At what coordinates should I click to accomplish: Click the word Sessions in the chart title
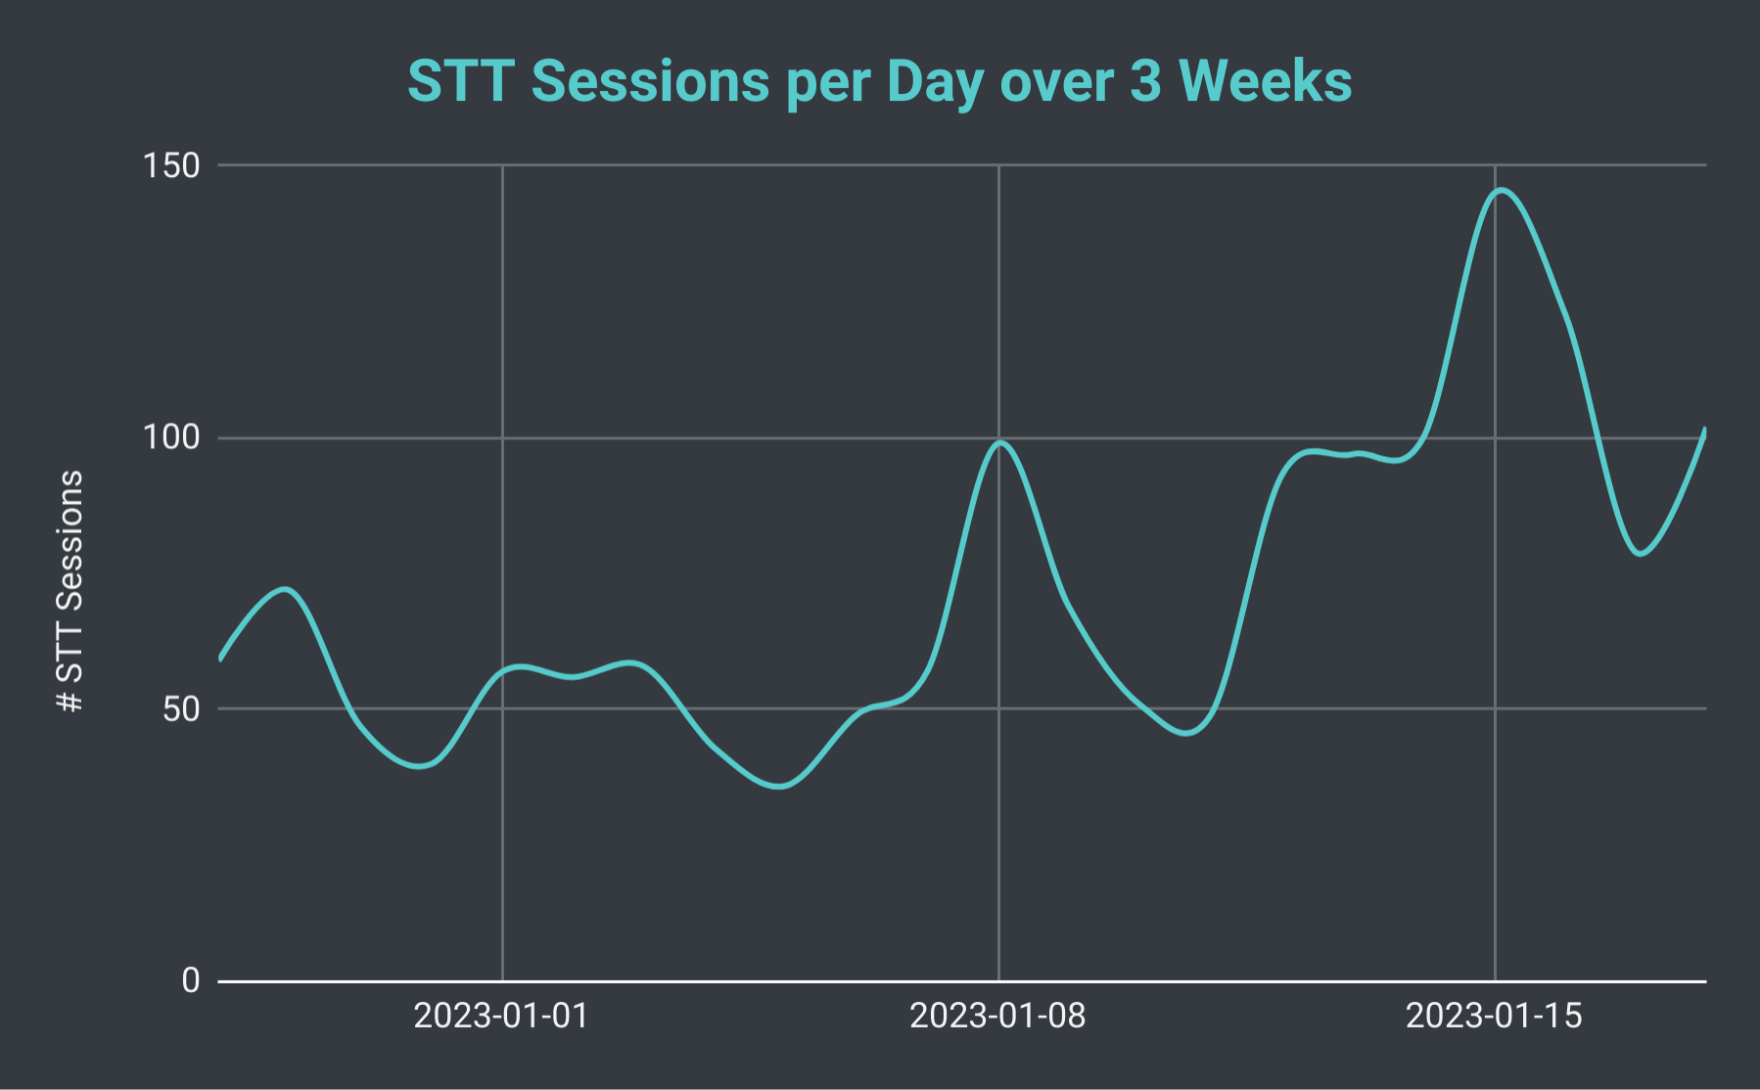(x=650, y=81)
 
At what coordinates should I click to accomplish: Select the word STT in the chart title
(x=459, y=81)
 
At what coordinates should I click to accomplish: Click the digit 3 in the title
(x=1144, y=81)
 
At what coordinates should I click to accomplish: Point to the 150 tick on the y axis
(x=172, y=165)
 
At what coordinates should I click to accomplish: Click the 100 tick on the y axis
(x=172, y=436)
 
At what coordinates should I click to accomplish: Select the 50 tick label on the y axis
(x=182, y=708)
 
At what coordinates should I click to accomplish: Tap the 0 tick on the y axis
(x=191, y=979)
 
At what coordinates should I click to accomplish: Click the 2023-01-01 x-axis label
(x=501, y=1016)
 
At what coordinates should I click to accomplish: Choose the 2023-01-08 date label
(x=997, y=1016)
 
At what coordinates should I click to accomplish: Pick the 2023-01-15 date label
(x=1494, y=1016)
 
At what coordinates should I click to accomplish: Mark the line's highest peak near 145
(x=1501, y=190)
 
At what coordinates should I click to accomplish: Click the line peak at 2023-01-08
(x=999, y=442)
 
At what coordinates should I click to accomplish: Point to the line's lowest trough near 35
(x=780, y=786)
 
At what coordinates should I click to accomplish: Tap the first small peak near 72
(x=285, y=589)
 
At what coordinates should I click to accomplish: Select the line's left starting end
(x=220, y=659)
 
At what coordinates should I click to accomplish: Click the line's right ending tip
(x=1704, y=431)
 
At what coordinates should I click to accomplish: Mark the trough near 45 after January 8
(x=1186, y=733)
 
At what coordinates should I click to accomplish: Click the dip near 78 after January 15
(x=1641, y=554)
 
